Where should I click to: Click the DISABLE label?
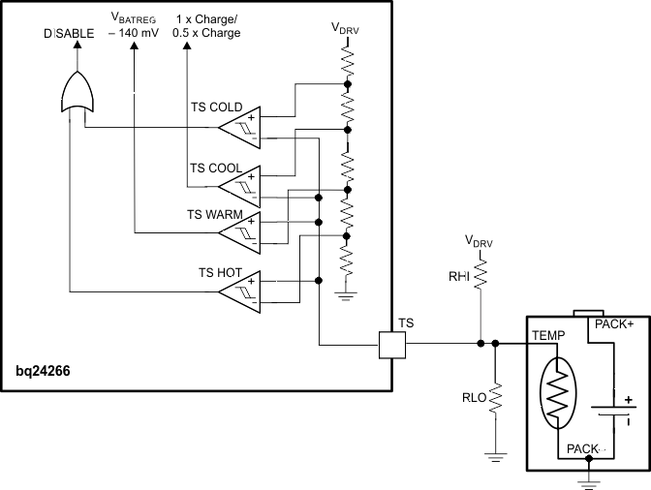[69, 33]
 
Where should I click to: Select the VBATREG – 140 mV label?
[133, 26]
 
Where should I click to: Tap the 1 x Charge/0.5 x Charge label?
[207, 26]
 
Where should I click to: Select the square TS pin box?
[392, 343]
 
